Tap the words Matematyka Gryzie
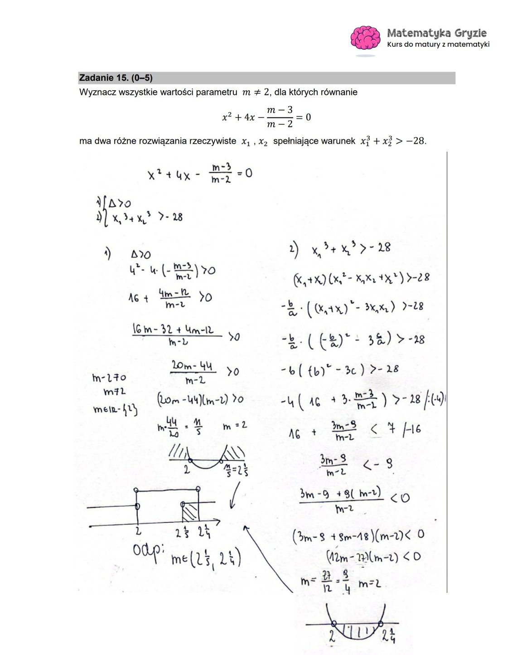(x=437, y=33)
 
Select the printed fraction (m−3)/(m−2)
(x=280, y=116)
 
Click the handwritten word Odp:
(x=148, y=551)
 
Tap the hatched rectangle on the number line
(x=190, y=514)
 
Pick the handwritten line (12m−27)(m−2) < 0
(x=372, y=556)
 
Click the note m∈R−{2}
(x=115, y=409)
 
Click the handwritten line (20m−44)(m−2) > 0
(x=200, y=400)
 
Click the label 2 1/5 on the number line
(x=183, y=534)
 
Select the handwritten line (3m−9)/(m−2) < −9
(x=356, y=465)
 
